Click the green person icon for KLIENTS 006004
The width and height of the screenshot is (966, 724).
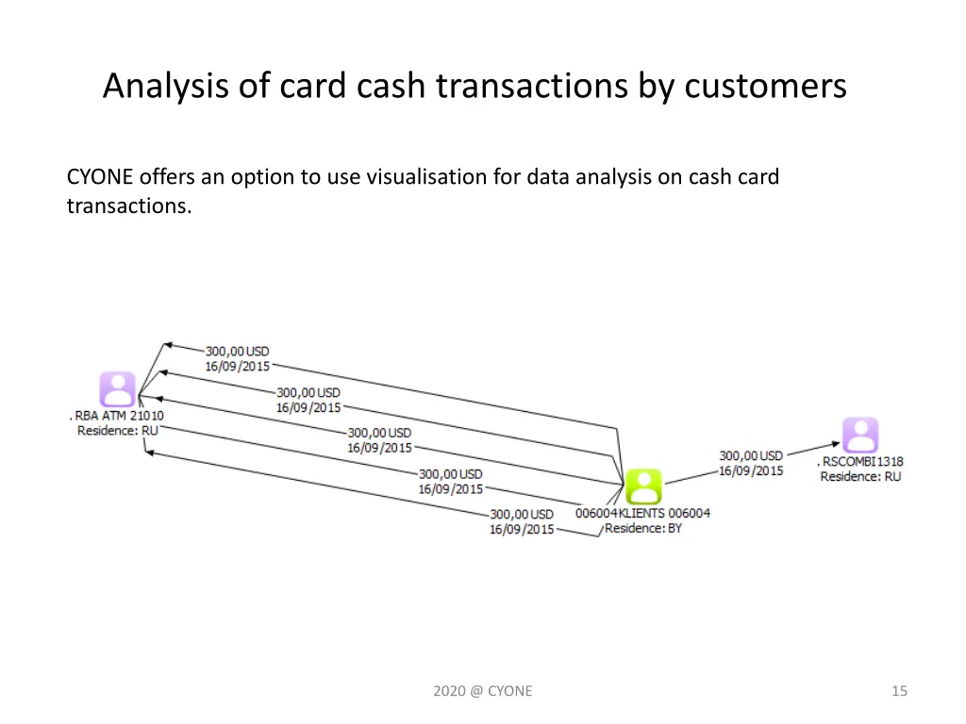[x=643, y=486]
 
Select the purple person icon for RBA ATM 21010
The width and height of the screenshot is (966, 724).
[x=118, y=389]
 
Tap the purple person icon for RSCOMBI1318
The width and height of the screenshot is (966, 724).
[x=860, y=436]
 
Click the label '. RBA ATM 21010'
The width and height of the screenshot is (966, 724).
[x=117, y=416]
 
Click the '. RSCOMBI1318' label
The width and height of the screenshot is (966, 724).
[x=860, y=462]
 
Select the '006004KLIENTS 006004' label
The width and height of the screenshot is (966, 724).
[x=642, y=514]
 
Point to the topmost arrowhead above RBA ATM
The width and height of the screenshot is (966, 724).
[x=168, y=346]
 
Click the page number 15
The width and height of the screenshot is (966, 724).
[x=899, y=691]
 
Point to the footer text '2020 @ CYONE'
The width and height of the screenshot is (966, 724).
[x=483, y=691]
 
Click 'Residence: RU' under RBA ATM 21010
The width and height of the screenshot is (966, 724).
[x=118, y=430]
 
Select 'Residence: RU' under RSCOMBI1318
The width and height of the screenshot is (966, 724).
[x=860, y=476]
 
